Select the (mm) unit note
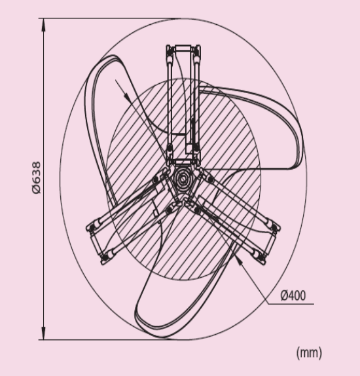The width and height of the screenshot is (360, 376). (309, 352)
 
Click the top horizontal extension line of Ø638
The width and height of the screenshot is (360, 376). (105, 18)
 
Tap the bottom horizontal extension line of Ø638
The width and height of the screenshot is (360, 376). (105, 339)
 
